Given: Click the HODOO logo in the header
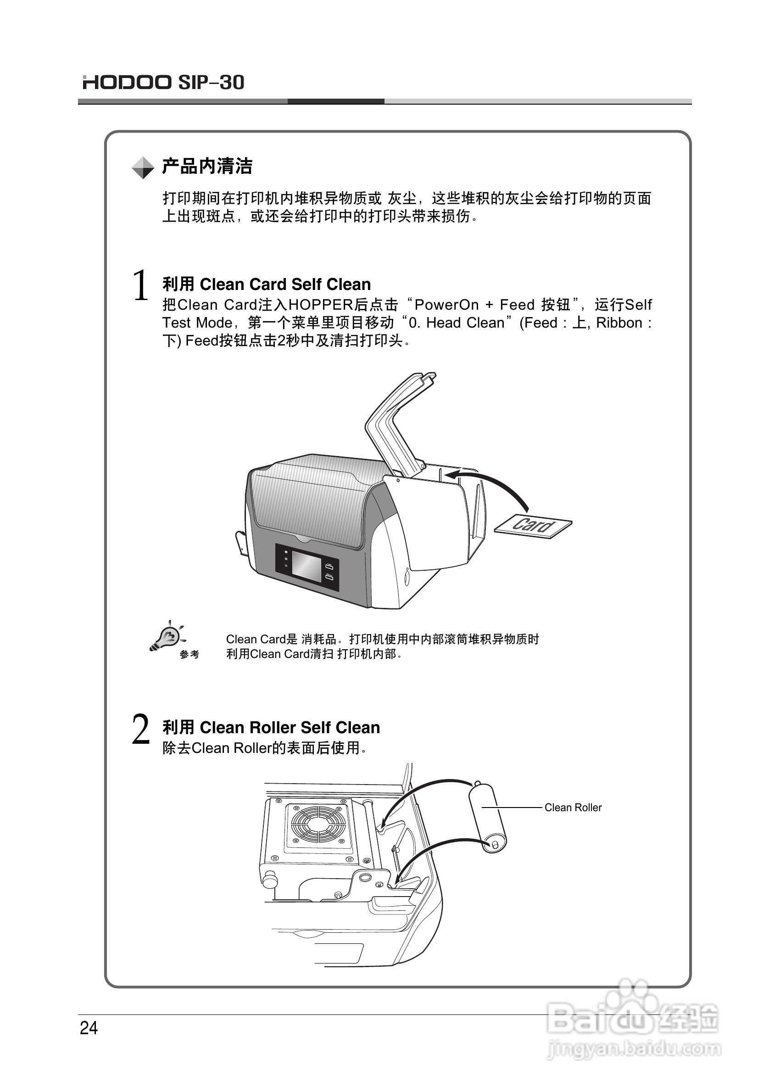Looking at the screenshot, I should (127, 82).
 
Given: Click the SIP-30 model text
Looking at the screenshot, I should (211, 82).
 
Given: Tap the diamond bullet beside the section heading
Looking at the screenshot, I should (143, 167).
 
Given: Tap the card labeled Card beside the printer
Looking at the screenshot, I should (533, 525).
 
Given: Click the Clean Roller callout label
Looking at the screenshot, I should (573, 807).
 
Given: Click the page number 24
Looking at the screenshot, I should (89, 1028).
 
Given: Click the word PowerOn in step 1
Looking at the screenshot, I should (446, 304).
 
